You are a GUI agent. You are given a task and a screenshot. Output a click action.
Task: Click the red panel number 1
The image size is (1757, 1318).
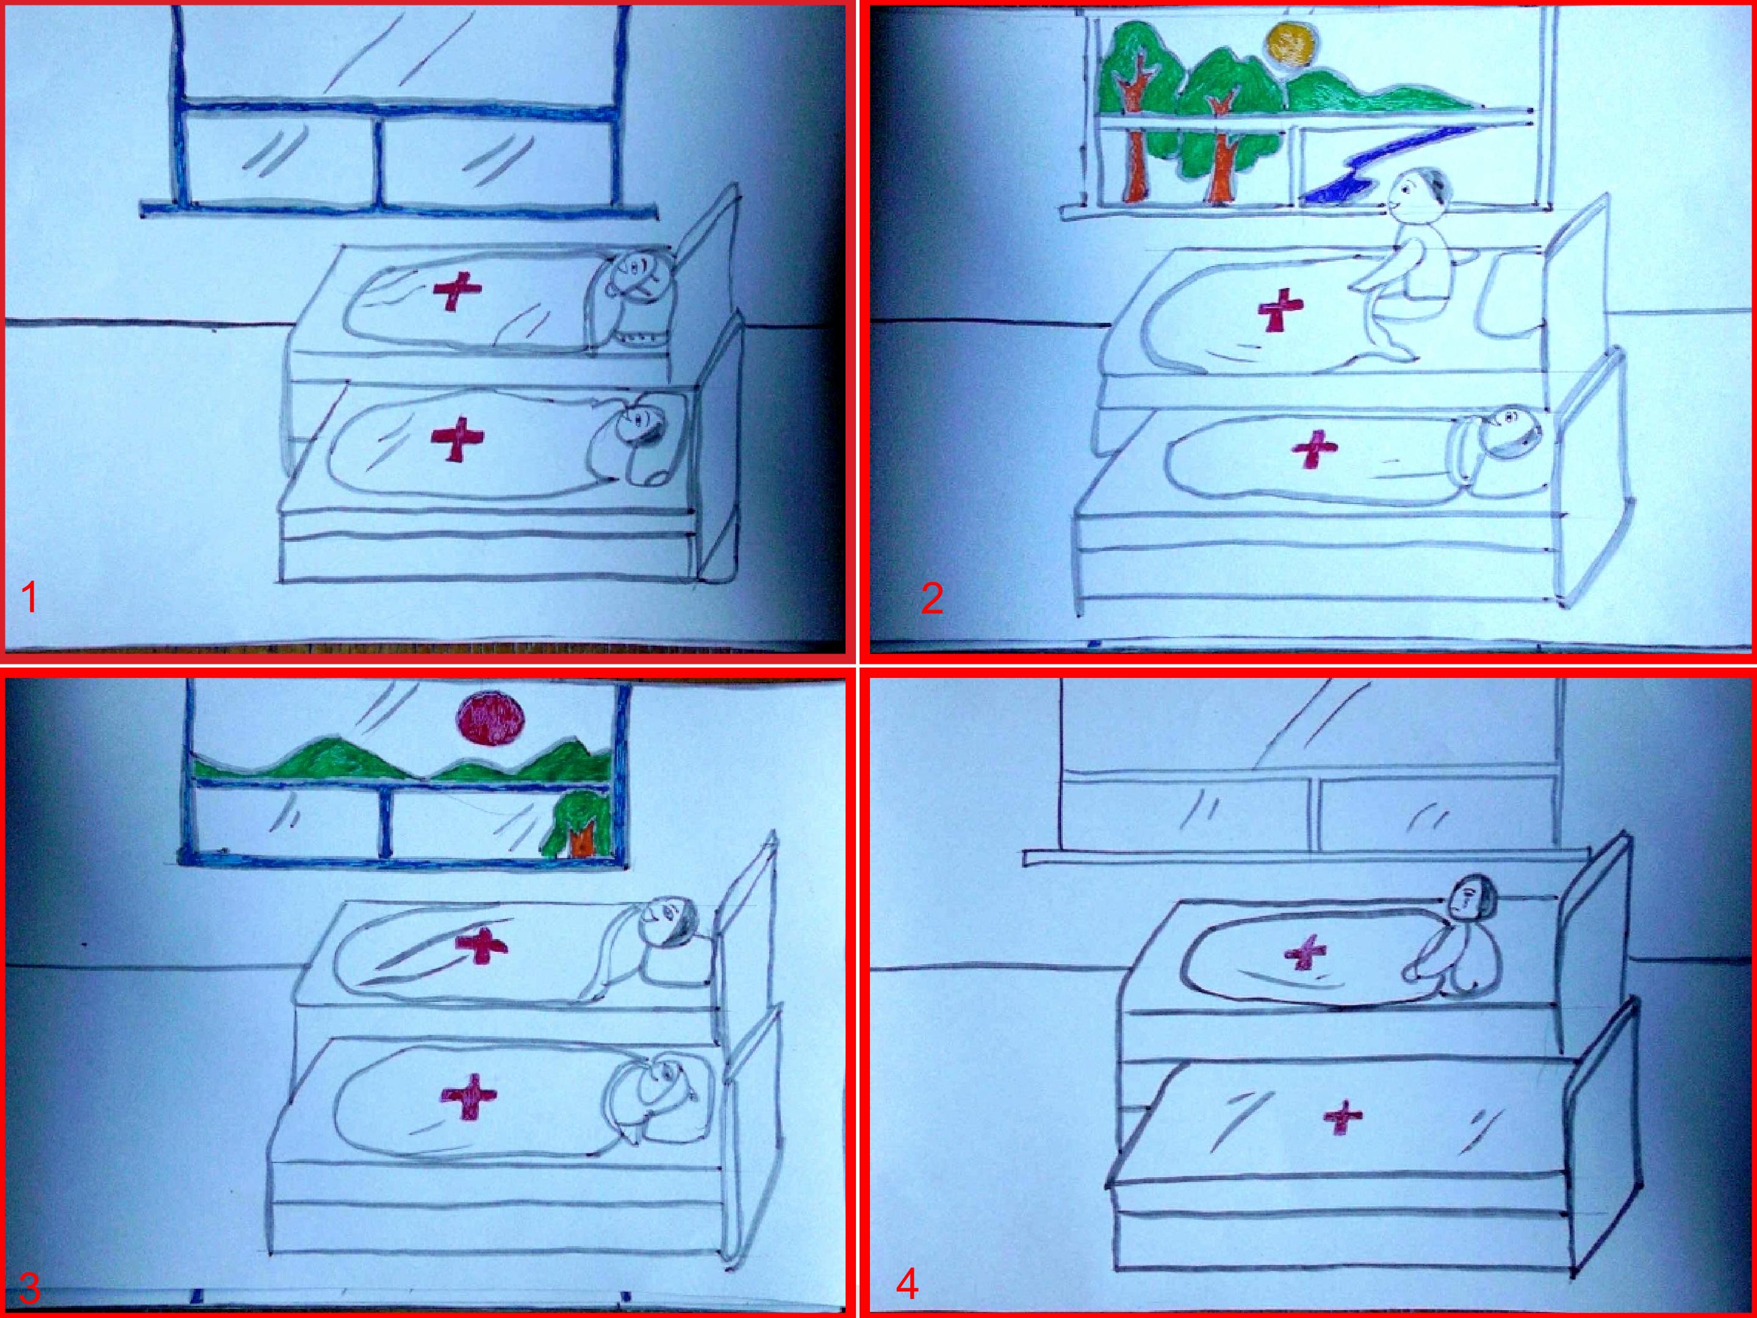(x=30, y=598)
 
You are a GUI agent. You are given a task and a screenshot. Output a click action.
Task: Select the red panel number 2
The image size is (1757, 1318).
(x=933, y=598)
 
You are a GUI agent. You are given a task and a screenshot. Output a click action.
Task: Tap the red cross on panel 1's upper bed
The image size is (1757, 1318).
(x=457, y=292)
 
